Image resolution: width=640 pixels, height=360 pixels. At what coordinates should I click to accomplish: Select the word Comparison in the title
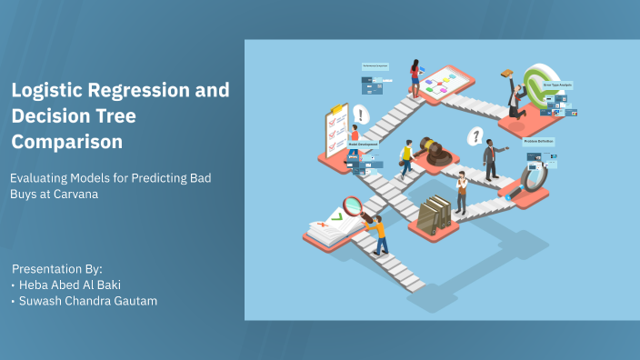[x=66, y=142]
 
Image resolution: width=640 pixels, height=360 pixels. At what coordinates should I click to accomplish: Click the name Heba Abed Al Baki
[x=70, y=285]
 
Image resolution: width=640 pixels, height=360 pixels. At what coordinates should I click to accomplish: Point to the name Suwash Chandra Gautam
[x=88, y=301]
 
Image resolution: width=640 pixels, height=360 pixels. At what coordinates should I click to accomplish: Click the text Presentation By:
[x=57, y=269]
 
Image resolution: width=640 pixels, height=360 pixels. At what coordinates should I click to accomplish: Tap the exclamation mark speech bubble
[x=362, y=115]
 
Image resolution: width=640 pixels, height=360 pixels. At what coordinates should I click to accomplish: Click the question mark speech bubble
[x=474, y=136]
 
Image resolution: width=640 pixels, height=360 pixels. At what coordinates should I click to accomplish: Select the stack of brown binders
[x=434, y=214]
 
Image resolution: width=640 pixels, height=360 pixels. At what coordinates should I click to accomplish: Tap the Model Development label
[x=363, y=144]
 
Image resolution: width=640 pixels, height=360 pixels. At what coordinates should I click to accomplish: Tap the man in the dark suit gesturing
[x=491, y=160]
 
